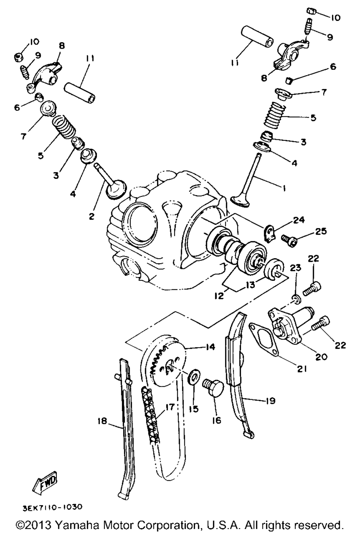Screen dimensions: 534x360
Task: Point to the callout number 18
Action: pyautogui.click(x=103, y=421)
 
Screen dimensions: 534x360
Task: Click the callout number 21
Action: pyautogui.click(x=301, y=369)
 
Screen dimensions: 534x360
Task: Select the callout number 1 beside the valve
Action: pyautogui.click(x=284, y=188)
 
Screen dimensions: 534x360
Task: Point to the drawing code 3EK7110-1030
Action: pyautogui.click(x=53, y=507)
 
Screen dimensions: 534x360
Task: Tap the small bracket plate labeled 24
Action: pyautogui.click(x=269, y=232)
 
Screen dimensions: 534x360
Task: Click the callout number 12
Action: pyautogui.click(x=219, y=296)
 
